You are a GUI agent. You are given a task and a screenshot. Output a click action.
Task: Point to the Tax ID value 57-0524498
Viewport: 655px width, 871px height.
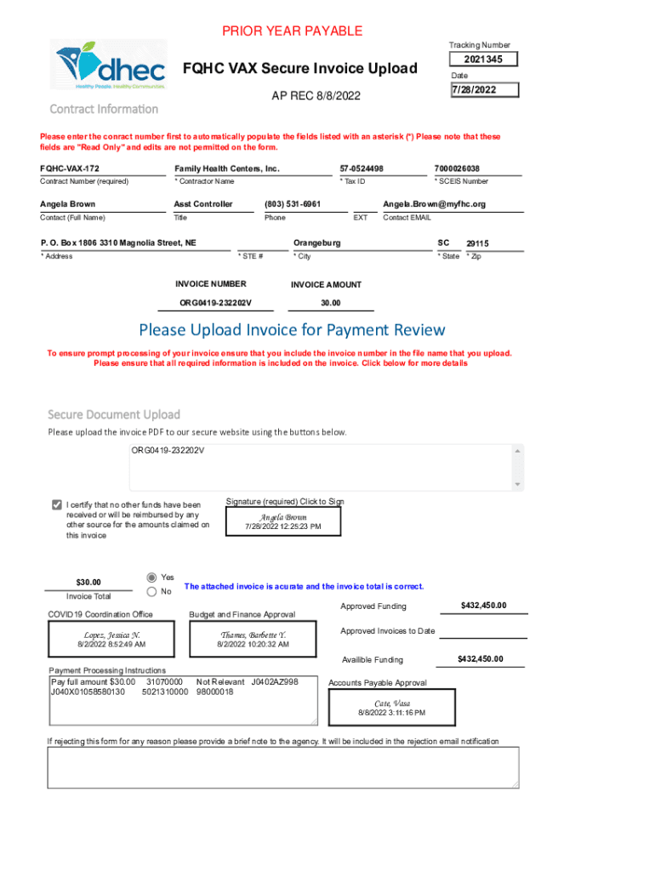362,168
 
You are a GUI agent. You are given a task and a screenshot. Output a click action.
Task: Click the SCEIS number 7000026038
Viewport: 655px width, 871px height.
456,168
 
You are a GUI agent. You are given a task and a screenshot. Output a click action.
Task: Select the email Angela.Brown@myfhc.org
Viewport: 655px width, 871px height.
434,204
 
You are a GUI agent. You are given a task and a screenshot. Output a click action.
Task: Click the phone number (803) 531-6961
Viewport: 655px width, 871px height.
293,204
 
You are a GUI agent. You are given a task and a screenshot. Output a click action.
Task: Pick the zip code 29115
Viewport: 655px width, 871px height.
477,244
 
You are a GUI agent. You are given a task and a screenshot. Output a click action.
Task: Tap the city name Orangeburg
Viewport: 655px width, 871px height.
316,243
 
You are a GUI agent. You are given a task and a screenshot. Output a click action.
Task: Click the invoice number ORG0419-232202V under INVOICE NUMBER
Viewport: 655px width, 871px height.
215,303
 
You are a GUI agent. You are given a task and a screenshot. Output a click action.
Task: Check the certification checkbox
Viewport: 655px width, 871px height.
57,504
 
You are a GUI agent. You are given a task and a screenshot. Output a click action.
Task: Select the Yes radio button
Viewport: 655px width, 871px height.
153,576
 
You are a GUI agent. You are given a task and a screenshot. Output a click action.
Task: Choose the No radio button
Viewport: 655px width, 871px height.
153,591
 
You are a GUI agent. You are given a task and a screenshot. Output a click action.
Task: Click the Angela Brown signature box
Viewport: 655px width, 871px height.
283,521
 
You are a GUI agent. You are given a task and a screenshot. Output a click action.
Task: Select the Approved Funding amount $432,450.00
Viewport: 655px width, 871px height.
483,606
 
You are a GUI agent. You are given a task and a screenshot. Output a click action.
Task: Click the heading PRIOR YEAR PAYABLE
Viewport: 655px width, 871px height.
293,31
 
